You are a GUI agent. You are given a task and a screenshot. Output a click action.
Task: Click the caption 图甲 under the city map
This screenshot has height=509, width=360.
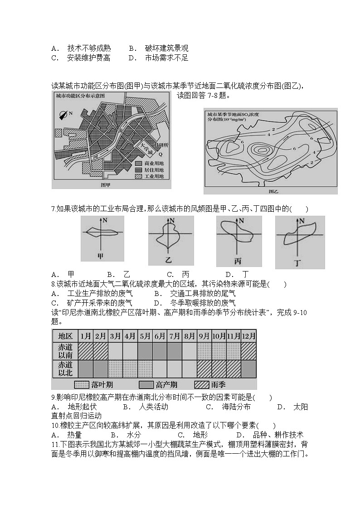105,185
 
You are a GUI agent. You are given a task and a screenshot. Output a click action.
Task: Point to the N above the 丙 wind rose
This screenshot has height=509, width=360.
241,221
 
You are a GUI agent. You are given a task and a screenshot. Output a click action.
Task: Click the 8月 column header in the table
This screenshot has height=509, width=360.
189,336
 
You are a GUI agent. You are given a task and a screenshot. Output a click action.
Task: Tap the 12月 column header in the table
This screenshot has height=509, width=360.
248,336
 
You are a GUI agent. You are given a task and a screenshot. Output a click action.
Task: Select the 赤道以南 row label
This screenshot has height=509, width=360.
65,351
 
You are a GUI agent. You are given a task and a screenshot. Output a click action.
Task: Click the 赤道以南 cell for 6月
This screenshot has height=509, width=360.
160,351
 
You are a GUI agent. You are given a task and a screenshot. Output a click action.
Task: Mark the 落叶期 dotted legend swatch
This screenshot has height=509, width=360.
81,385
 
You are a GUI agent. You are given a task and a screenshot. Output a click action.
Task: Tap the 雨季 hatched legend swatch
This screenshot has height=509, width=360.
201,385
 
